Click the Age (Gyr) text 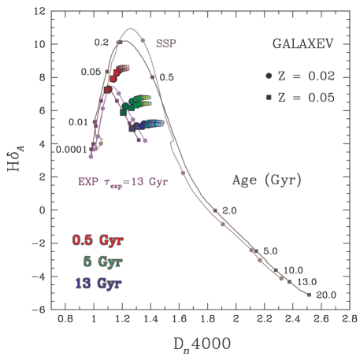tap(266, 180)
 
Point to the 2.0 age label tap(229, 210)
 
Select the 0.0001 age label tap(71, 148)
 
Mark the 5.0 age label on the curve tap(269, 251)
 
